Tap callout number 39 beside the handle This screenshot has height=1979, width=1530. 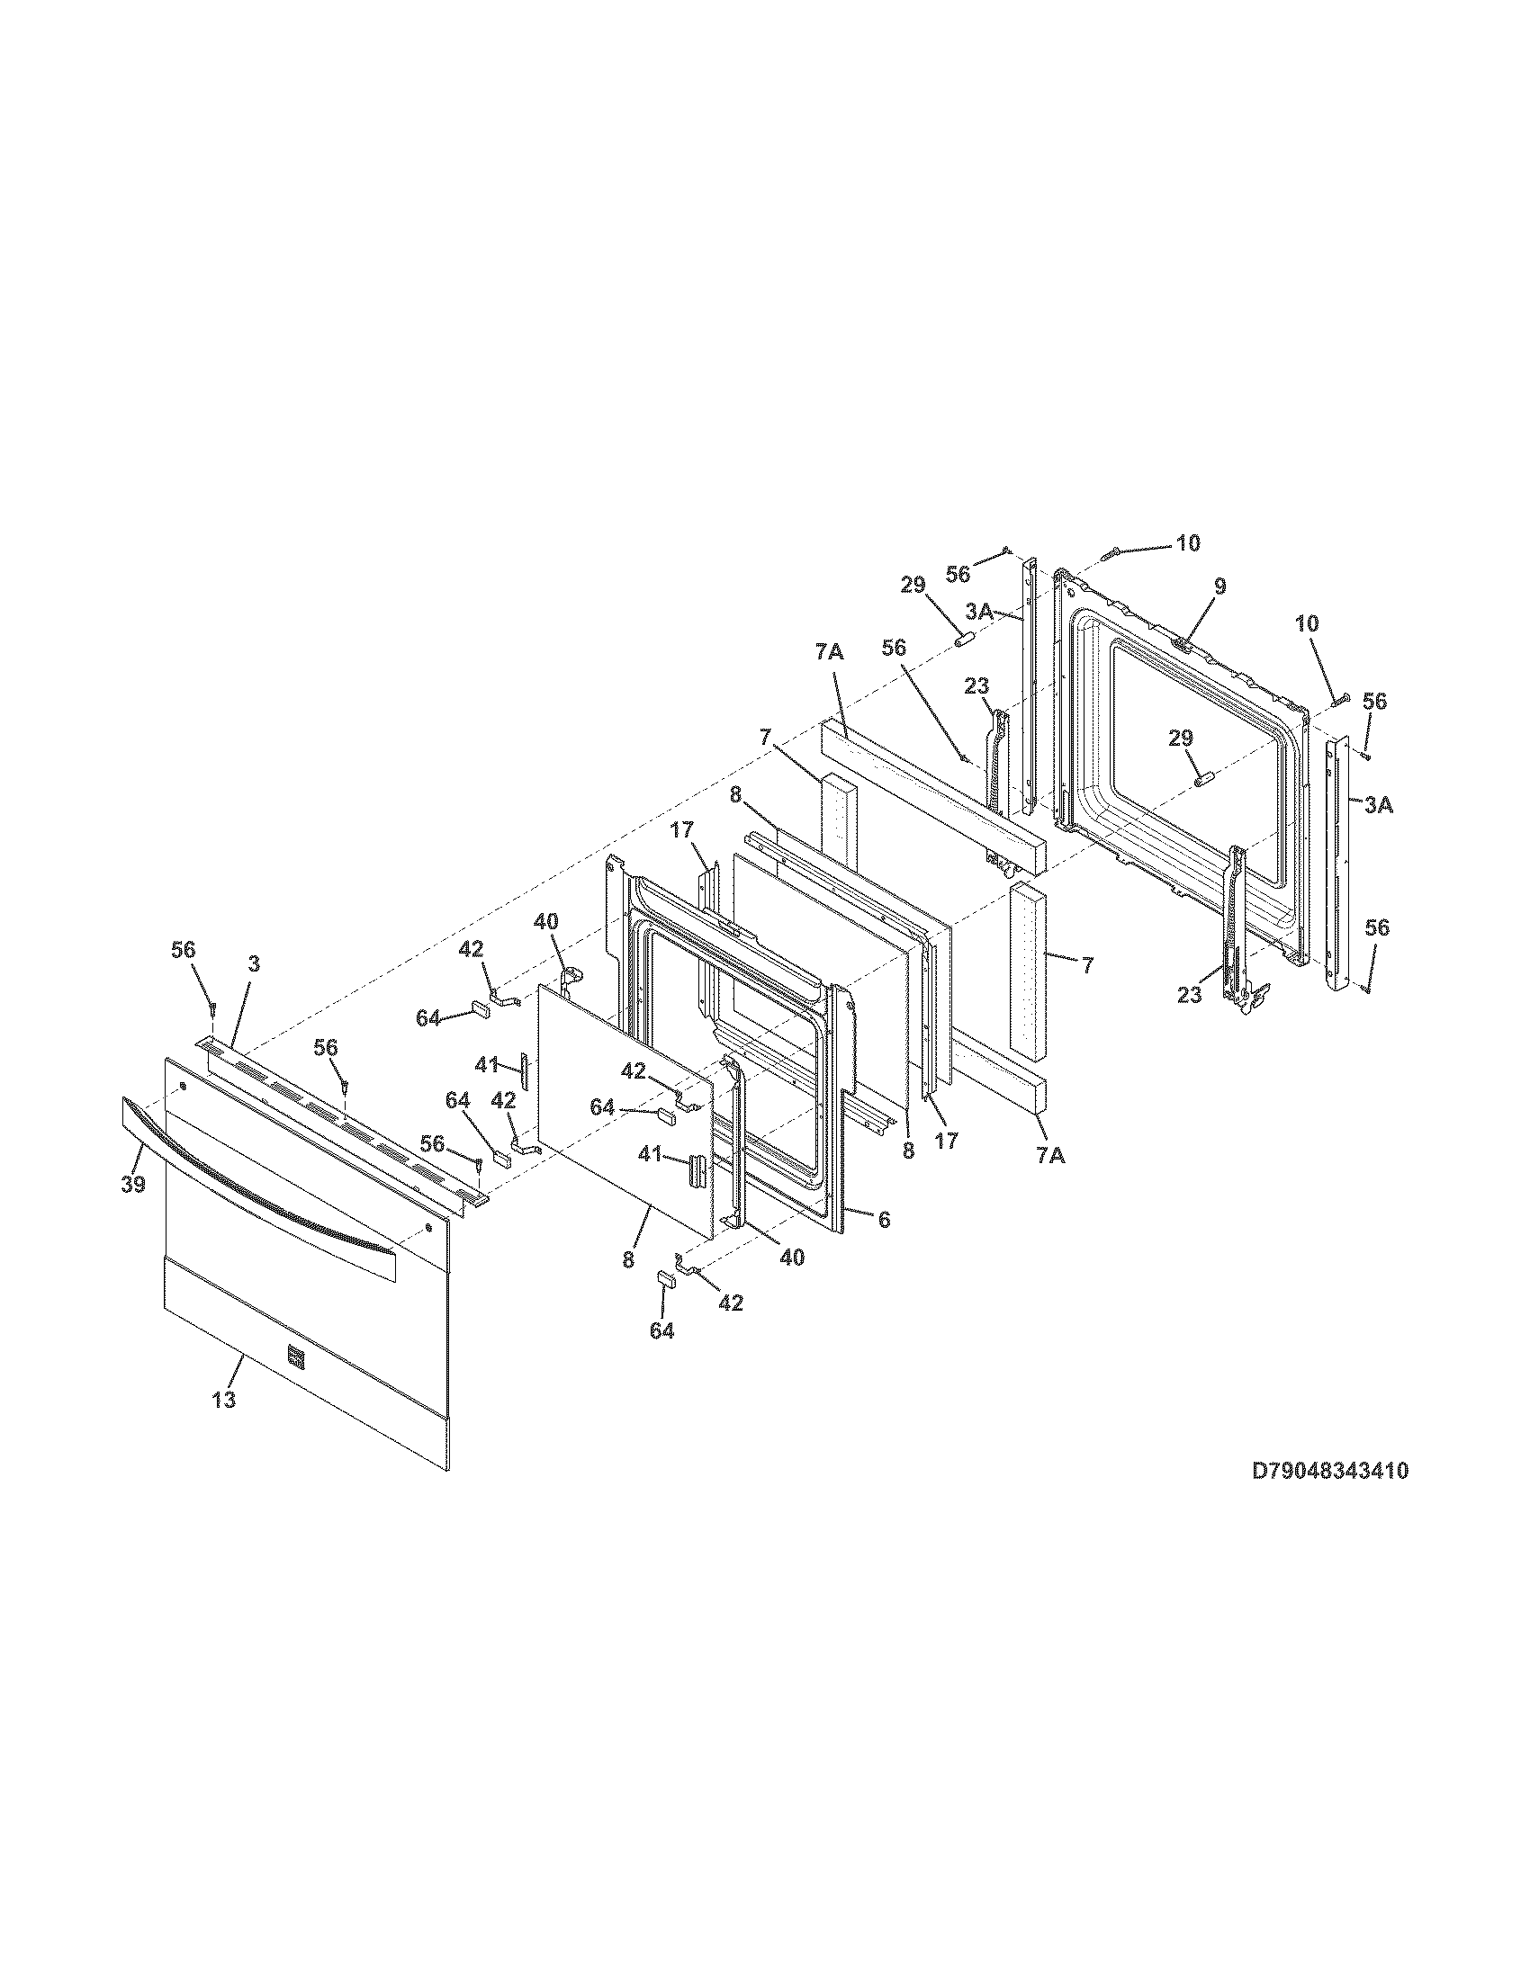[133, 1185]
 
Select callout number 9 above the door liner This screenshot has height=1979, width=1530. [1220, 587]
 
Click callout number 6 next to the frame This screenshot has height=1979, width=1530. [883, 1220]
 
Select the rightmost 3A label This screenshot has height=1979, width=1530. [1378, 805]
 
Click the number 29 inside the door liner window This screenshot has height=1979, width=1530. [1180, 739]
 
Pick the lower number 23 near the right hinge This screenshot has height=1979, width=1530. [1189, 995]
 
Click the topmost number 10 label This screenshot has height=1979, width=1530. [1187, 542]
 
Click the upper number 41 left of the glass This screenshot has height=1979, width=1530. [487, 1067]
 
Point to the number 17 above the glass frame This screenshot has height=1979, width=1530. [681, 829]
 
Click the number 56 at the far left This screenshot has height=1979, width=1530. [183, 949]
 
